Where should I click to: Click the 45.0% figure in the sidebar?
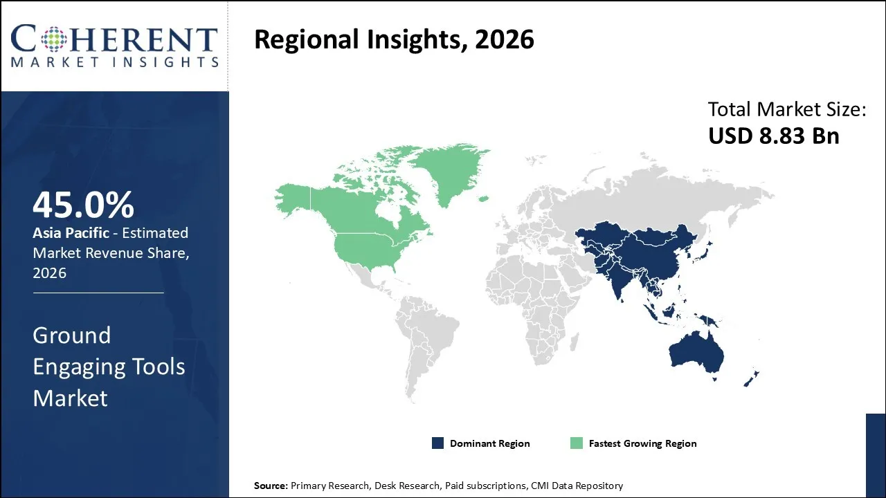pyautogui.click(x=83, y=205)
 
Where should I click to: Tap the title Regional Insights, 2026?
pyautogui.click(x=394, y=40)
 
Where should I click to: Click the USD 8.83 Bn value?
pyautogui.click(x=773, y=136)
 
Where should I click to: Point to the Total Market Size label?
pyautogui.click(x=787, y=109)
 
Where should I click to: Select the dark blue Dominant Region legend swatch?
pyautogui.click(x=437, y=443)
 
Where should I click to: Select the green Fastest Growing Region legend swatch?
pyautogui.click(x=576, y=443)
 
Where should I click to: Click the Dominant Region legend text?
pyautogui.click(x=489, y=443)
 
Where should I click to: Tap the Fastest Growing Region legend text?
pyautogui.click(x=642, y=443)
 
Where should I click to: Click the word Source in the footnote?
pyautogui.click(x=270, y=486)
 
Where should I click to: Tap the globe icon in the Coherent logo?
pyautogui.click(x=56, y=39)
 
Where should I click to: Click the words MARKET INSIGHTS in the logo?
pyautogui.click(x=114, y=62)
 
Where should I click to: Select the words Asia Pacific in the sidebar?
pyautogui.click(x=71, y=233)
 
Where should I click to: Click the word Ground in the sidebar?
pyautogui.click(x=71, y=335)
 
